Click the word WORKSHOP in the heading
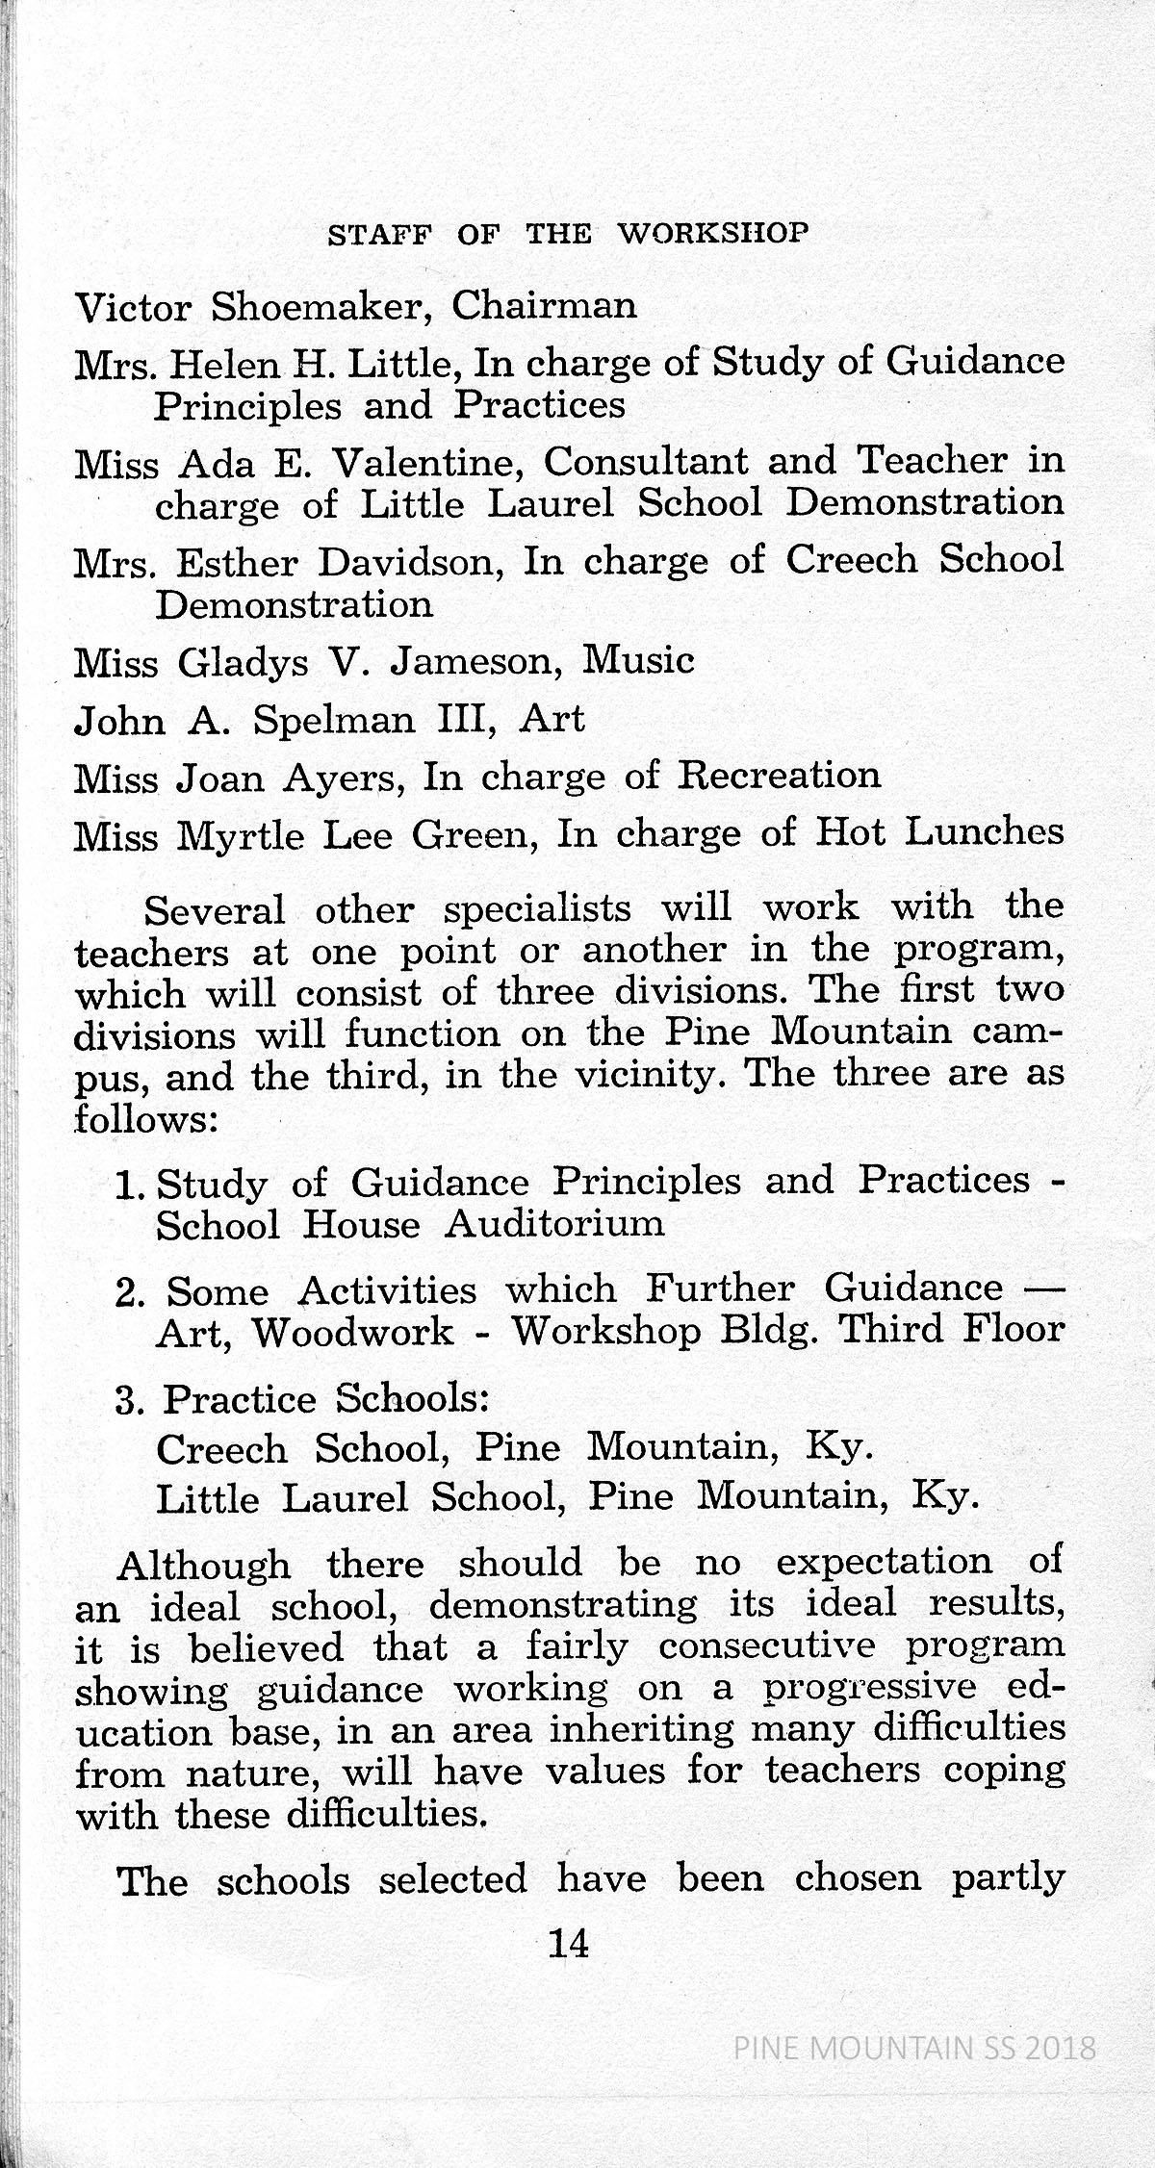(711, 234)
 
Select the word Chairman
(544, 305)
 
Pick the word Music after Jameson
(639, 661)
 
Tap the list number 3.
(128, 1400)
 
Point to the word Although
(204, 1566)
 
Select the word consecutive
(767, 1646)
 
